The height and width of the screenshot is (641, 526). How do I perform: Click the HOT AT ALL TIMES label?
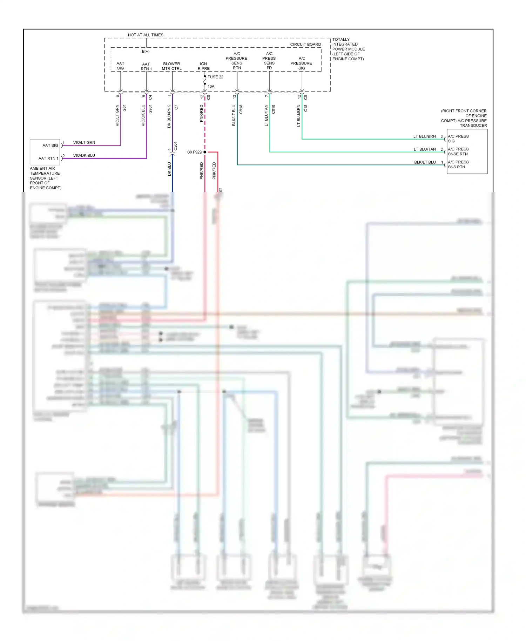pos(146,35)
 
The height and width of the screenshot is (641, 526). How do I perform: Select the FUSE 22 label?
pos(215,77)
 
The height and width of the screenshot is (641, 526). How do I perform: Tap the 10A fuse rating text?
pos(211,87)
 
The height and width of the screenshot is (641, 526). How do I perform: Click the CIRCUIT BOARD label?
pos(305,45)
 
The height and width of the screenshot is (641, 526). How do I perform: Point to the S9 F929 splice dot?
pos(205,152)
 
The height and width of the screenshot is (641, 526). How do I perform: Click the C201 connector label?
pos(176,146)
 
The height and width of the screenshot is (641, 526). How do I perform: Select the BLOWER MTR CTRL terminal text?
pos(171,66)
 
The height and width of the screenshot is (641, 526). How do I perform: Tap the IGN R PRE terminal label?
pos(203,66)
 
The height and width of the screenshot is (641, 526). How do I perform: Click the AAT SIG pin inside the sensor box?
pos(50,146)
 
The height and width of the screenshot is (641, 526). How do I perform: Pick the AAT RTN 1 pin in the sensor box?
pos(48,158)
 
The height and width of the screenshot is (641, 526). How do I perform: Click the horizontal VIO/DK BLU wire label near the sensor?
pos(84,155)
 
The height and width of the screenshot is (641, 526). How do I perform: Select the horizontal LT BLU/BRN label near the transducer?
pos(424,136)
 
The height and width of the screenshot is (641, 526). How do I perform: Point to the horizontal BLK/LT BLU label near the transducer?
pos(425,162)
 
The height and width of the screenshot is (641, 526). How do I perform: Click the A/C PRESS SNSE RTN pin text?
pos(458,151)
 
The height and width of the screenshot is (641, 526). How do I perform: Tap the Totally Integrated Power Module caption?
pos(348,49)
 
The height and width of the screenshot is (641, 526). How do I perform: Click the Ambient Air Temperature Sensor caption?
pos(45,178)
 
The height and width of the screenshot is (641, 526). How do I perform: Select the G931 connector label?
pos(150,109)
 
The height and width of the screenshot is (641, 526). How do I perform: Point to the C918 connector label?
pos(241,109)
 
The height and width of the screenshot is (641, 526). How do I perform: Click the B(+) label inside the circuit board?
pos(146,52)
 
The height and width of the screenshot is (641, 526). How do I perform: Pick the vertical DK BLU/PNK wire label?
pos(169,116)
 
